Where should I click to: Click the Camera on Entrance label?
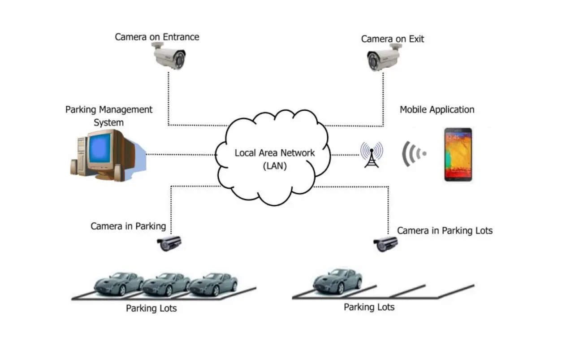point(157,37)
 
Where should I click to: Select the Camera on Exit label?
point(392,39)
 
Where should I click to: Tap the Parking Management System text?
point(109,115)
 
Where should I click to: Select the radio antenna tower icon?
point(372,154)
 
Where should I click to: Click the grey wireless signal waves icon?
point(413,154)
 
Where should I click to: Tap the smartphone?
point(458,154)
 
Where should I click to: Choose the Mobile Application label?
point(437,109)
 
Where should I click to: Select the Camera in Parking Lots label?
point(445,230)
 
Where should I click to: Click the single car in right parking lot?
point(337,281)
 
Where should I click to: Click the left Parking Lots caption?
point(151,308)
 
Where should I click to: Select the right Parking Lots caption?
point(369,307)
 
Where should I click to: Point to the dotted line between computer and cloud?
point(182,155)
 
